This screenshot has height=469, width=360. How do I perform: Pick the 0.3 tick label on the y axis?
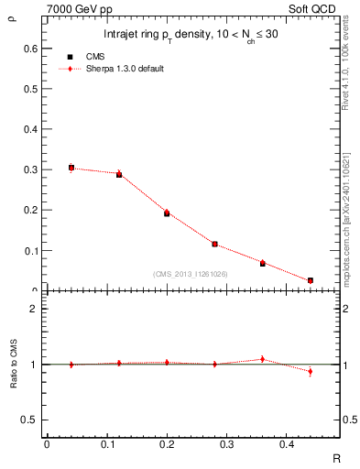pos(31,169)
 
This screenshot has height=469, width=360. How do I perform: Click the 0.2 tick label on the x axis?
pos(166,444)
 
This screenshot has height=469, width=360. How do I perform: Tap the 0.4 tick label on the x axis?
pos(286,444)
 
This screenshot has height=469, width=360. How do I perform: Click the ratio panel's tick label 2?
pos(36,309)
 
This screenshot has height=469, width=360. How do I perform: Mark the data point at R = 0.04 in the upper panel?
pos(71,168)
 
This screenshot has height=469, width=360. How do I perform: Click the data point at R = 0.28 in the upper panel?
pos(214,244)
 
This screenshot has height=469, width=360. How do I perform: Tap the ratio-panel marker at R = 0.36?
pos(263,359)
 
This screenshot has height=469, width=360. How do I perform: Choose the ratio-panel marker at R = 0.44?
pos(311,371)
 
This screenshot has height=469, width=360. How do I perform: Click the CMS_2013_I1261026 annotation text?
pos(191,274)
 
